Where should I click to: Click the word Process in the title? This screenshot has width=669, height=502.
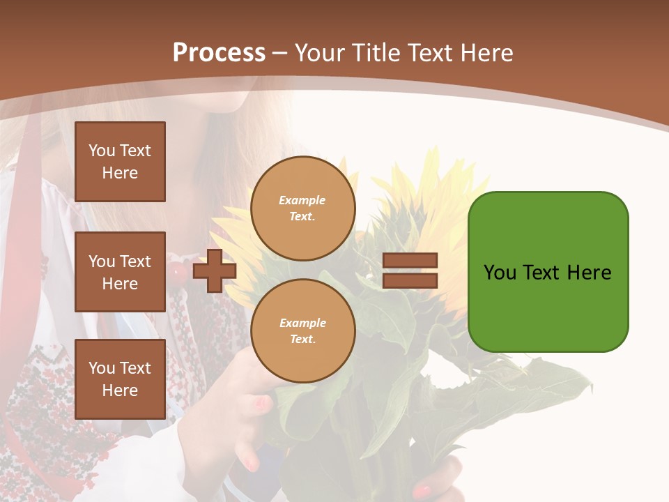click(219, 53)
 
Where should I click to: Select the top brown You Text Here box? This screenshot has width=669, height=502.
click(120, 162)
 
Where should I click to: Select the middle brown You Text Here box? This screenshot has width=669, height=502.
click(120, 272)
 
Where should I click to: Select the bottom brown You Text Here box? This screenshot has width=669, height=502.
click(120, 379)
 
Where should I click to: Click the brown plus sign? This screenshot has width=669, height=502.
click(215, 271)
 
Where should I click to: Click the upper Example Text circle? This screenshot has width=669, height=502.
click(302, 208)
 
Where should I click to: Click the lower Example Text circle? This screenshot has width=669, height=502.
click(302, 331)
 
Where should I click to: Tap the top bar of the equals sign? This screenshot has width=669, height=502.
click(410, 261)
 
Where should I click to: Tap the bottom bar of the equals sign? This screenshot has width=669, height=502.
click(410, 280)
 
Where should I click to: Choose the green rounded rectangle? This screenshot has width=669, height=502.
click(548, 272)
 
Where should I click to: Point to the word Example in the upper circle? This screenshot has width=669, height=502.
click(302, 201)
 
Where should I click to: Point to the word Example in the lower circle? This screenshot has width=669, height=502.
click(302, 324)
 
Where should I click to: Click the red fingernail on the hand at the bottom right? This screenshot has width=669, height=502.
click(422, 491)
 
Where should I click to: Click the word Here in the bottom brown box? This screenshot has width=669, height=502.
click(120, 390)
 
